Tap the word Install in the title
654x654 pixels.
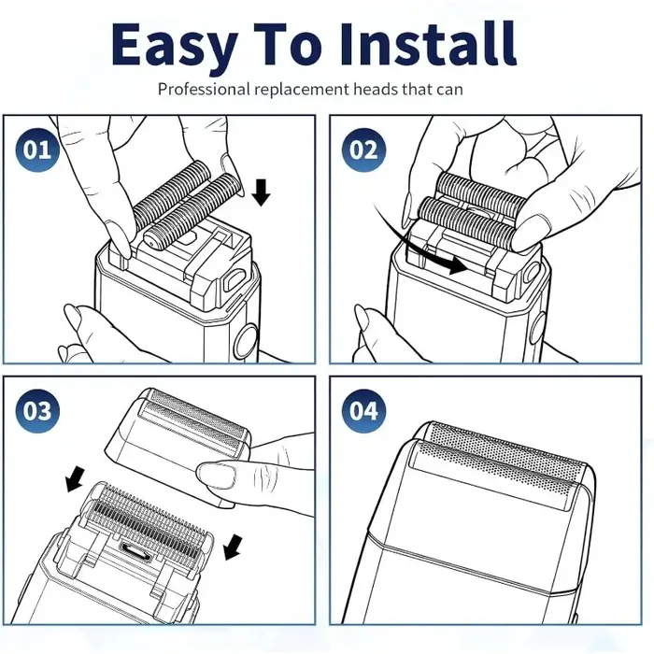click(428, 44)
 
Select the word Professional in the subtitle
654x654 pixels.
click(204, 90)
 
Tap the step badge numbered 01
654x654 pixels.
click(37, 149)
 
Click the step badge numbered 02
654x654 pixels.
click(363, 149)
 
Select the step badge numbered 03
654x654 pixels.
click(37, 411)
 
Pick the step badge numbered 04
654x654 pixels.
click(363, 411)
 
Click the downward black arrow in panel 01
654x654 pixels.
click(261, 192)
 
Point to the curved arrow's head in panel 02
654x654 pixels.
click(458, 265)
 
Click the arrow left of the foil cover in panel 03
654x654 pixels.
click(76, 478)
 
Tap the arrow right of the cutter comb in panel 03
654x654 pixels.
click(234, 547)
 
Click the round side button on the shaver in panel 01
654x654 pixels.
click(247, 341)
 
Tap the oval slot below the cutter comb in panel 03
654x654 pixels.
click(134, 549)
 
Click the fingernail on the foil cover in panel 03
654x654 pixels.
click(215, 475)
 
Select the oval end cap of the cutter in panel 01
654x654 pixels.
click(151, 240)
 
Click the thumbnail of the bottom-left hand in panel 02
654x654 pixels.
click(363, 319)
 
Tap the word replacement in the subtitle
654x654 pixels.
click(302, 90)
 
